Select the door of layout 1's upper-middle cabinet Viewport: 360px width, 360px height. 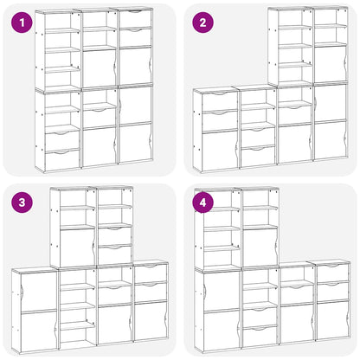point(100,67)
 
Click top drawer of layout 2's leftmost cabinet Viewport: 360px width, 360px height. point(218,101)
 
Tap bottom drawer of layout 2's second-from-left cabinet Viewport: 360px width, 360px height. point(258,156)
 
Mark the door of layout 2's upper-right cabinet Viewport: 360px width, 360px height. point(329,64)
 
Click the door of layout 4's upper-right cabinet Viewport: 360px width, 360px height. point(260,247)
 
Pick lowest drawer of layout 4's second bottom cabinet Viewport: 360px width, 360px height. point(259,336)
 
